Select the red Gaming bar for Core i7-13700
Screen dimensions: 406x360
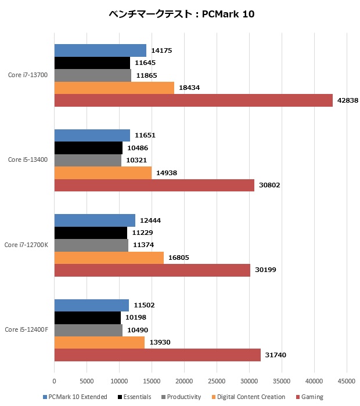click(x=193, y=100)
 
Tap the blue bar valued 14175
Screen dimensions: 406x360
click(x=100, y=50)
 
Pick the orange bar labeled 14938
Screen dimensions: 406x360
click(x=103, y=173)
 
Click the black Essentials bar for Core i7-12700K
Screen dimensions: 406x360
click(x=91, y=233)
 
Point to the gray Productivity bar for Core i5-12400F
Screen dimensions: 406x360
click(x=88, y=330)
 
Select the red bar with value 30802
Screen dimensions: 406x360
click(x=154, y=185)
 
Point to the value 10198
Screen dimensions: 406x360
click(x=135, y=318)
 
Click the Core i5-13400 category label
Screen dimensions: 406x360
click(x=28, y=159)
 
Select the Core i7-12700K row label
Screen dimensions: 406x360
click(x=26, y=245)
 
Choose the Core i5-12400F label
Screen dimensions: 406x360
click(x=26, y=330)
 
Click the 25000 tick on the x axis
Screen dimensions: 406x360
click(x=217, y=382)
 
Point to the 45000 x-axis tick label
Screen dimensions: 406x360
click(x=347, y=382)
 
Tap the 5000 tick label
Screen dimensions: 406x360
click(x=87, y=382)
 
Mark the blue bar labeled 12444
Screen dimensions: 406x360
click(x=95, y=220)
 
